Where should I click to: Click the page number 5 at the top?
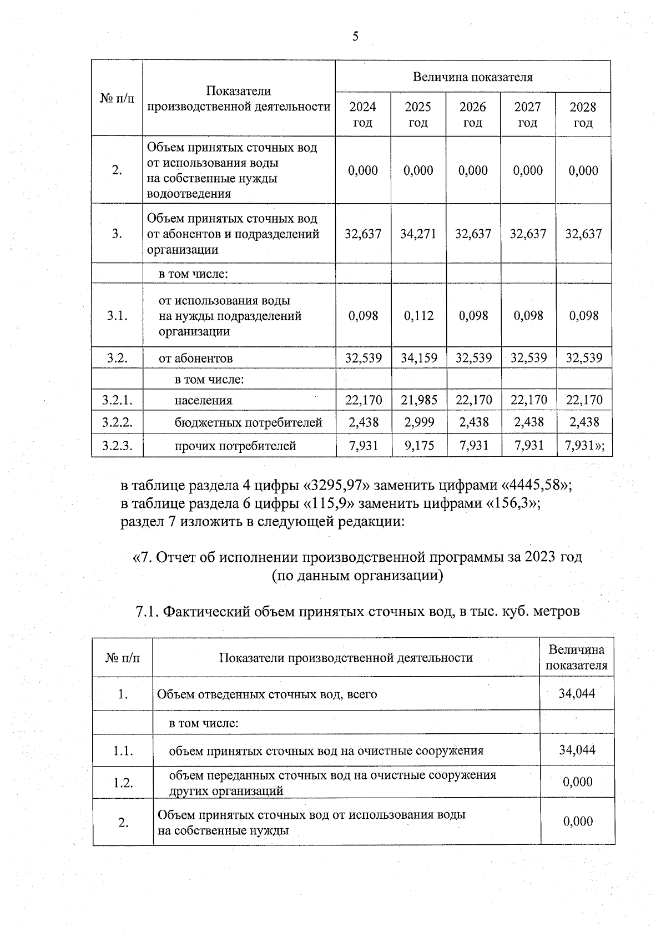pos(355,37)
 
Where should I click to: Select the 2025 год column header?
pos(418,114)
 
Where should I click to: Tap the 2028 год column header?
pos(583,114)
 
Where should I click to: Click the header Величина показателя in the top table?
pos(473,77)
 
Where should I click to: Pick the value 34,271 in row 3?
pos(418,234)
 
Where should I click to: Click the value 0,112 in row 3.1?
pos(418,316)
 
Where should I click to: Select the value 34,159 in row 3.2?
pos(418,357)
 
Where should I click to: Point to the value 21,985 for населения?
pos(418,400)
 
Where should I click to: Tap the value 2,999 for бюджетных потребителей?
pos(418,422)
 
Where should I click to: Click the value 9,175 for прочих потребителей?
pos(418,445)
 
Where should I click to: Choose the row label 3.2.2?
pos(117,422)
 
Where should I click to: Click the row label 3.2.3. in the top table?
pos(117,445)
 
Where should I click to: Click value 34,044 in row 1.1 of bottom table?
pos(577,750)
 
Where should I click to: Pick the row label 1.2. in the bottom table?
pos(123,783)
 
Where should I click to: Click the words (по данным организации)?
pos(357,576)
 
